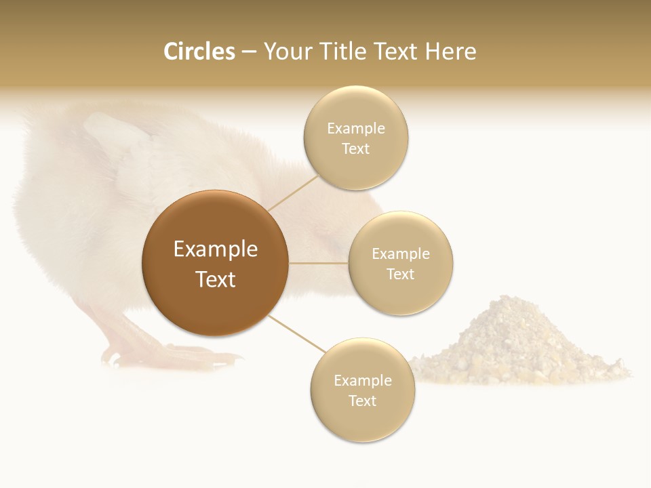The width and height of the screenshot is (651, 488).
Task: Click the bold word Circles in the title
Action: (x=199, y=52)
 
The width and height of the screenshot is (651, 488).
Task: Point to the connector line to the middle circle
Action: (x=319, y=263)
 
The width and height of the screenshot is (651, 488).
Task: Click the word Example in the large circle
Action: (x=216, y=249)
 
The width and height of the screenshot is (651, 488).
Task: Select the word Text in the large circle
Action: (x=216, y=279)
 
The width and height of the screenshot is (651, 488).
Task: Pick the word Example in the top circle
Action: (x=356, y=128)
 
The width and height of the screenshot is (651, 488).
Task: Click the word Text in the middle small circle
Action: (x=401, y=274)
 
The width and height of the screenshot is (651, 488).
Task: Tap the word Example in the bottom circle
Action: (x=363, y=380)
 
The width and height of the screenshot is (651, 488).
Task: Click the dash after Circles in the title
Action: (x=249, y=52)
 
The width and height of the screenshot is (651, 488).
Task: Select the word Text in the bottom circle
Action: (x=363, y=401)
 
